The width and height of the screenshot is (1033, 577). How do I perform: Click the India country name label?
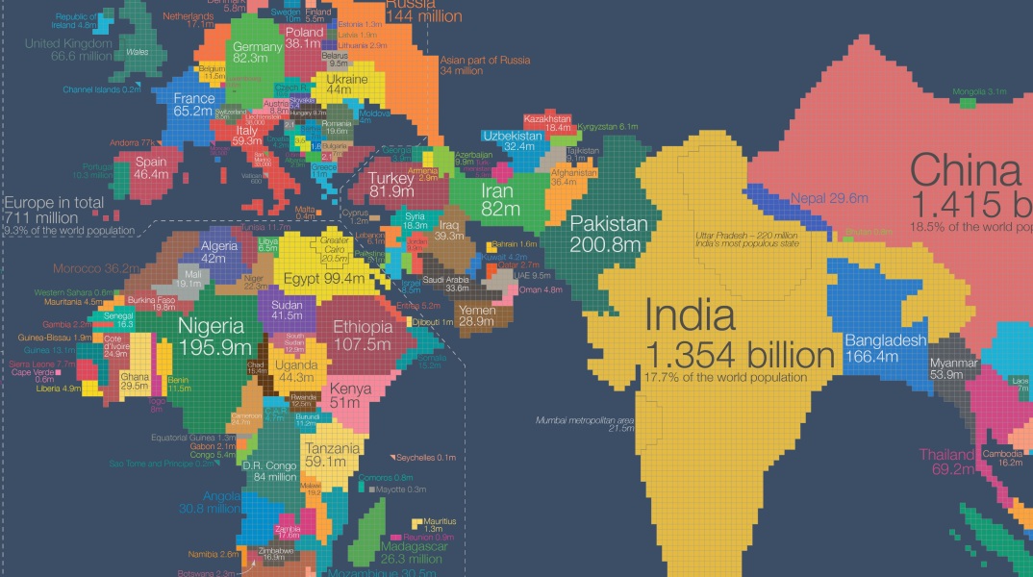click(690, 316)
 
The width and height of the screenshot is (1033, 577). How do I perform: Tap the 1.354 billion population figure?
click(740, 355)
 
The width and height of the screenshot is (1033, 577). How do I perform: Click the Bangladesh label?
click(885, 348)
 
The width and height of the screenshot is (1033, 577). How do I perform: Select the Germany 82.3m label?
click(256, 53)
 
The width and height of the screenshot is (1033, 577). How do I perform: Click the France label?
click(193, 105)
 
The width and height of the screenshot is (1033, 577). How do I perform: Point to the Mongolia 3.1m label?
click(979, 92)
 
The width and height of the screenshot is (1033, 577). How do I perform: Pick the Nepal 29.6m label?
click(828, 199)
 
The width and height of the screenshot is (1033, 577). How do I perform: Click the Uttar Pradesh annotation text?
click(746, 239)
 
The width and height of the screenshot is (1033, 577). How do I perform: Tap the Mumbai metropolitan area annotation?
click(586, 423)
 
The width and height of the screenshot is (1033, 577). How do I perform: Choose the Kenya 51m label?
click(349, 397)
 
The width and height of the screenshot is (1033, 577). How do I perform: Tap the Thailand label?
click(947, 462)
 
